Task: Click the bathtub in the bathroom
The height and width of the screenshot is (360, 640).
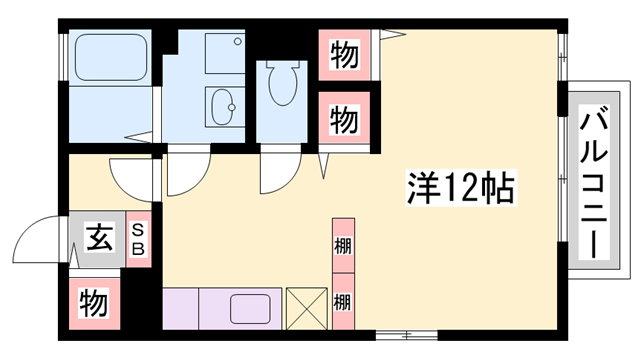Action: click(111, 56)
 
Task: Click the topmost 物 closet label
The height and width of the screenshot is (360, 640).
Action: click(344, 55)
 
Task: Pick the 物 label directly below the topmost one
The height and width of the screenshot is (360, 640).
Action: click(344, 119)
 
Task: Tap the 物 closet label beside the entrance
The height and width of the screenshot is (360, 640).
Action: click(93, 300)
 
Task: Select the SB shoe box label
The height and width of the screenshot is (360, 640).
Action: click(139, 238)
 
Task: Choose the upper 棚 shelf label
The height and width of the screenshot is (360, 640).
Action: click(342, 245)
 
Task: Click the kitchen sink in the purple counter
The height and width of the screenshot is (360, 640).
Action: click(250, 307)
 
